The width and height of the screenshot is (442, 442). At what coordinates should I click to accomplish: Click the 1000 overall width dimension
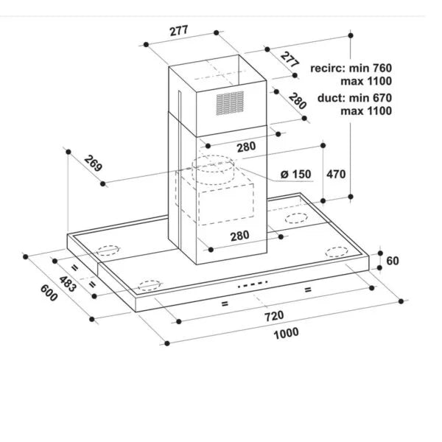coord(286,333)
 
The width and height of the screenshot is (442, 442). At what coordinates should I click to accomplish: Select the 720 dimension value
coord(274,316)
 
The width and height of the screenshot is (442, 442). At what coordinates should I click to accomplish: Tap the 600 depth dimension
coord(49,293)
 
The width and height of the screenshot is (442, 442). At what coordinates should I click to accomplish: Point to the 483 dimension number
coord(67,284)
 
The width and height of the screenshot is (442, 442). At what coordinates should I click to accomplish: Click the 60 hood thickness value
coord(393,261)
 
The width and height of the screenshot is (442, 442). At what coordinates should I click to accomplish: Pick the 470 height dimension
coord(336,174)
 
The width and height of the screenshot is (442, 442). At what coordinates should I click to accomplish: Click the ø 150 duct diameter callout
coord(295,174)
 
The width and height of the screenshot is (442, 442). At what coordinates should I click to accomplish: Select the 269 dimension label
coord(93,164)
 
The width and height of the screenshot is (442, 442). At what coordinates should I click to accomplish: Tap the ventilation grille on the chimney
coord(230,103)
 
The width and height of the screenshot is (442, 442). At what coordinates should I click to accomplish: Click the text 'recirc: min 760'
coord(351,68)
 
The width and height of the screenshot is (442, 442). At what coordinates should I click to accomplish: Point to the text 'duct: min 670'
coord(354,98)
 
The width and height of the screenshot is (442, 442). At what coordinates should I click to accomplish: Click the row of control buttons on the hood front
coord(252,284)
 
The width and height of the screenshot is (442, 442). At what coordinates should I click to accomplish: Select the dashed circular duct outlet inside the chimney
coord(213,169)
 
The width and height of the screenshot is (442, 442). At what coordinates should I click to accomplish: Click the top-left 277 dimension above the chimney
coord(179,31)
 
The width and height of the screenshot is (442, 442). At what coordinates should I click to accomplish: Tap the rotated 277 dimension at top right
coord(290,60)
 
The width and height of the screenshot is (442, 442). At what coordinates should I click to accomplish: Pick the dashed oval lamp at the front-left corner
coord(150,285)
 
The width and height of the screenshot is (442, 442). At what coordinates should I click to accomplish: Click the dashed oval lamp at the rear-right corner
coord(296,218)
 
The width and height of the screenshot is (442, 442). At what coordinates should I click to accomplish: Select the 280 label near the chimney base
coord(240,236)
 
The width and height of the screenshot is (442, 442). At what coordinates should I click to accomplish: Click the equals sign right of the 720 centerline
coord(308,290)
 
